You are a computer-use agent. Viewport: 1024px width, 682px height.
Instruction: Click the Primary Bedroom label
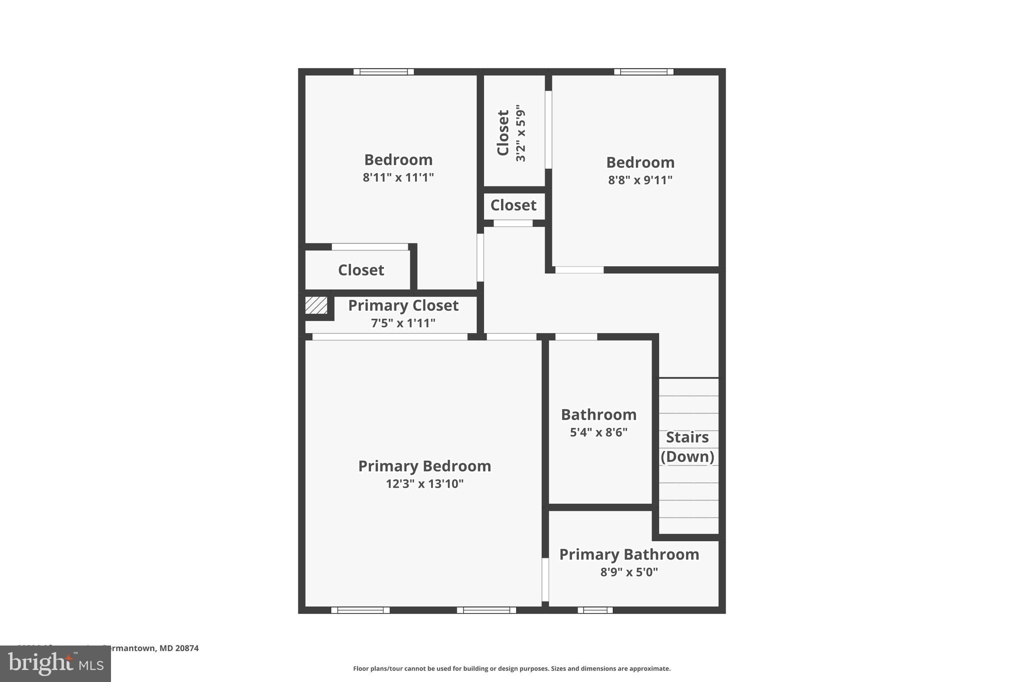[424, 466]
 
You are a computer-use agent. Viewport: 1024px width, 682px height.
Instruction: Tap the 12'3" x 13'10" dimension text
[424, 484]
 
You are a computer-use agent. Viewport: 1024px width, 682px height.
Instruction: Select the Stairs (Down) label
[687, 447]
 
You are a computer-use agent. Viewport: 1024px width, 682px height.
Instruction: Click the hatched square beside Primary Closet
[316, 305]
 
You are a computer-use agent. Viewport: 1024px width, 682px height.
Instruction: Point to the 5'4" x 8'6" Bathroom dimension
[598, 432]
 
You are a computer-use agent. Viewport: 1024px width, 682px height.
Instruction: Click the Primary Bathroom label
[629, 555]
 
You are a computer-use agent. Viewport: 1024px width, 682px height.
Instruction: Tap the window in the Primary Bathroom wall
[595, 610]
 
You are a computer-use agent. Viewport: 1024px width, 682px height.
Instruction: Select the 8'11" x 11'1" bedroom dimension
[398, 177]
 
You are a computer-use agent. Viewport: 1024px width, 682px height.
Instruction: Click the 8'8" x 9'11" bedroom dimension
[640, 180]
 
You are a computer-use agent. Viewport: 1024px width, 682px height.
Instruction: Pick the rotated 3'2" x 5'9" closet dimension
[521, 133]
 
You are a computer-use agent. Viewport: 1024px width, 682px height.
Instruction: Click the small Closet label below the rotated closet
[513, 205]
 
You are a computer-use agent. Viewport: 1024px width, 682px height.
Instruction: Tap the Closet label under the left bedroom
[361, 270]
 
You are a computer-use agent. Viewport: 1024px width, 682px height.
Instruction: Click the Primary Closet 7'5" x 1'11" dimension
[403, 323]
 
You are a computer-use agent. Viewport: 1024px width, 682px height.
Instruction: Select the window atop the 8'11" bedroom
[383, 72]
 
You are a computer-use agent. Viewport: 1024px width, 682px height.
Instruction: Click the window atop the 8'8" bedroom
[643, 72]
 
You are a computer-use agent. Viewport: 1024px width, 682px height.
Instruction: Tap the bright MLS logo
[55, 664]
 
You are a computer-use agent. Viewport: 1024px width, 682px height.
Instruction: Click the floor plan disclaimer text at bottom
[511, 669]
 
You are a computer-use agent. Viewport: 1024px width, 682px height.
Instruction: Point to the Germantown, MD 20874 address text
[150, 648]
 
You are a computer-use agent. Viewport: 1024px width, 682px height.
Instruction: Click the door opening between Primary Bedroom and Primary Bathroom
[545, 580]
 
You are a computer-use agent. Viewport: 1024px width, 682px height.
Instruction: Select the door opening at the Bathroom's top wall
[576, 337]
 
